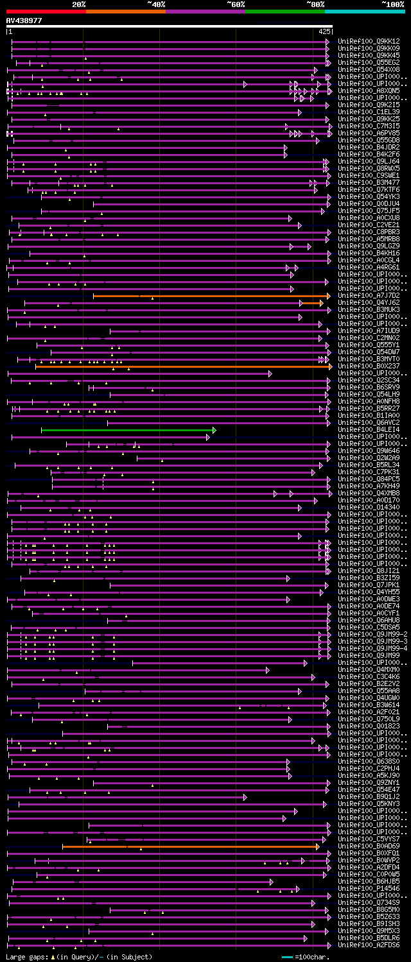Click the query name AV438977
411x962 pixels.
click(24, 21)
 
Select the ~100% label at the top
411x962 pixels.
click(393, 4)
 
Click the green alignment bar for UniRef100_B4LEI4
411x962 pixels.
click(128, 430)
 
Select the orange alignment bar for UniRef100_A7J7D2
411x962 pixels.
click(212, 296)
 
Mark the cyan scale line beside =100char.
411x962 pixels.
click(286, 957)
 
